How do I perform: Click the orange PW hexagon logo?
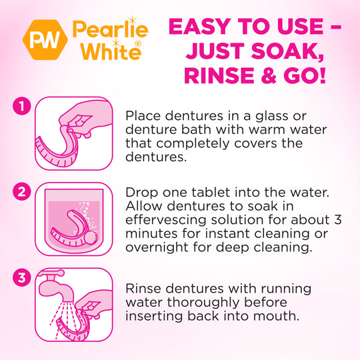coord(45,40)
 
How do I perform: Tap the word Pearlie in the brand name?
coord(111,30)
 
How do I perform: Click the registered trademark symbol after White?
coord(138,44)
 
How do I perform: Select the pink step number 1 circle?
coord(22,106)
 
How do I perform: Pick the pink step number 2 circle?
coord(22,192)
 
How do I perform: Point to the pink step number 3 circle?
coord(22,277)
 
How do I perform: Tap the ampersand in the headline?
coord(269,75)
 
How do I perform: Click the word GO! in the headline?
coord(305,75)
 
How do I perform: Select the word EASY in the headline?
coord(200,27)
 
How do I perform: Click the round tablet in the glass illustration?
coord(91,237)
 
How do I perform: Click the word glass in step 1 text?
coord(273,116)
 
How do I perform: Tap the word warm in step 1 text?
coord(267,130)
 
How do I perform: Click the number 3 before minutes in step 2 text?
coord(338,220)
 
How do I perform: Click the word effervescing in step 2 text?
coord(166,220)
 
